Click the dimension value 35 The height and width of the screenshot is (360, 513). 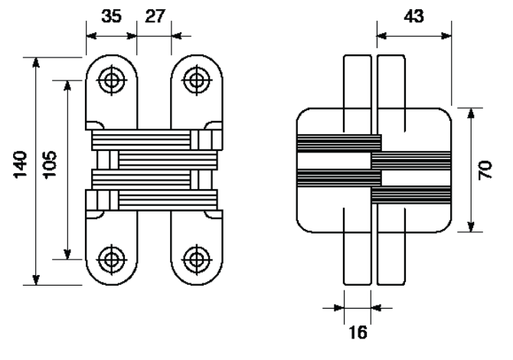[x=111, y=16]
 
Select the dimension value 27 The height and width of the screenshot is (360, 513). [x=155, y=16]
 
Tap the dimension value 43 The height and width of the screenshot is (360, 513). [x=413, y=16]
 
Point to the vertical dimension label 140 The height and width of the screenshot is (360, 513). [x=20, y=164]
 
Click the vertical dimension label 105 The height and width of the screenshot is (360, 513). [x=50, y=164]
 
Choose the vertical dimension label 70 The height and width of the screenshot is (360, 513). [x=485, y=169]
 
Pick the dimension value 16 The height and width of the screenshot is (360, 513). [x=358, y=332]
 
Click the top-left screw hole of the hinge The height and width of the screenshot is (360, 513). [x=112, y=80]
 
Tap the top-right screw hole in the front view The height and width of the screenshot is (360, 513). [x=197, y=80]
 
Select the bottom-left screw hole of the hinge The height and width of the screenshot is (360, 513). [x=112, y=260]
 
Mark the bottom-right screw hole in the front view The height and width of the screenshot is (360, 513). [x=197, y=260]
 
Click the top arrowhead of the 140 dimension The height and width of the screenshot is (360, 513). [x=36, y=62]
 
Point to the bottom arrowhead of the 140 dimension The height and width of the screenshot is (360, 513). [x=36, y=280]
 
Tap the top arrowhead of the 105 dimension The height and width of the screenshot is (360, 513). [x=67, y=85]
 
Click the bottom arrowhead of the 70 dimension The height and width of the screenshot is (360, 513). [x=470, y=227]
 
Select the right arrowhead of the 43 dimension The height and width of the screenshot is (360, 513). [x=446, y=36]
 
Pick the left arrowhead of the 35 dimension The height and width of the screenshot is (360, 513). [x=92, y=36]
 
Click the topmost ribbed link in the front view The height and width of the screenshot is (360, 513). [x=141, y=139]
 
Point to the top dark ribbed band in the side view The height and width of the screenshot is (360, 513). [x=339, y=143]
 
